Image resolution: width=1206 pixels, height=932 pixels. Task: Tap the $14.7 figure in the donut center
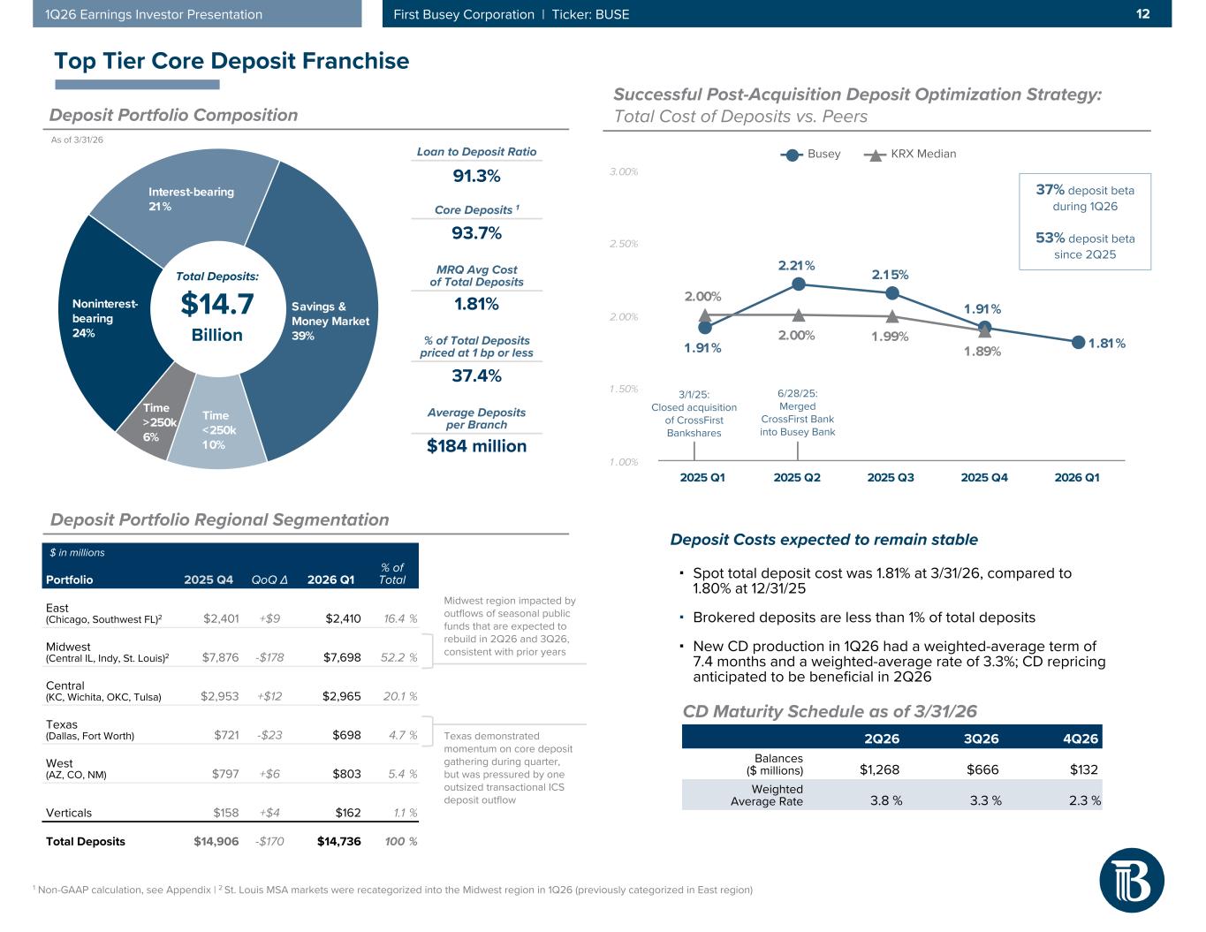(x=217, y=304)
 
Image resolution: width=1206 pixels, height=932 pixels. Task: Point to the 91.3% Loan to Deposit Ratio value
(x=476, y=176)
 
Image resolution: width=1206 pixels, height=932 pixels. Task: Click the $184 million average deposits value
(x=476, y=446)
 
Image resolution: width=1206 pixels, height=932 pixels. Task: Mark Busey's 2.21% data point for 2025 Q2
(x=798, y=284)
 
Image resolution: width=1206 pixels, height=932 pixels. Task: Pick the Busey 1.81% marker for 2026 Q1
(x=1078, y=342)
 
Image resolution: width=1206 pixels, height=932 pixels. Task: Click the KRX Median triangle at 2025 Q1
(x=704, y=314)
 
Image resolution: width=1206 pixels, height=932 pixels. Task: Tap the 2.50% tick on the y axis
(x=624, y=244)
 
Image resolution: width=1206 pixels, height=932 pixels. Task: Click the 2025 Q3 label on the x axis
(x=891, y=477)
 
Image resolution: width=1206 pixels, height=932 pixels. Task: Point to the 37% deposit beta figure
(x=1050, y=190)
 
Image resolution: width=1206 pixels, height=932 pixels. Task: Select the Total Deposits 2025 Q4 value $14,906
(x=216, y=841)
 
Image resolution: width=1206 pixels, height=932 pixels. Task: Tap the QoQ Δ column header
(x=269, y=580)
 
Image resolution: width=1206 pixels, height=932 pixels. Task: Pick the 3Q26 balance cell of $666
(x=983, y=769)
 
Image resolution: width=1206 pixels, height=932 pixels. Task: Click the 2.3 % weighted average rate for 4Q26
(x=1083, y=800)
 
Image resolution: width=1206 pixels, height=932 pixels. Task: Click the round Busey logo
(x=1131, y=880)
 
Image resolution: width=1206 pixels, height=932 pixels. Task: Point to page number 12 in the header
(x=1142, y=14)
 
